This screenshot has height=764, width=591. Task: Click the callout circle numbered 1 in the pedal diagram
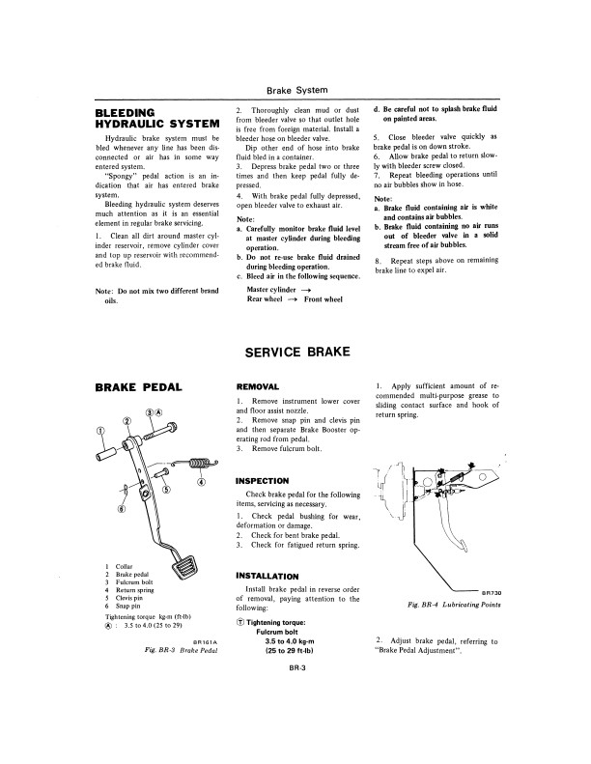(x=100, y=432)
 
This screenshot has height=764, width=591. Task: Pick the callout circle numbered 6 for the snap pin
(x=121, y=508)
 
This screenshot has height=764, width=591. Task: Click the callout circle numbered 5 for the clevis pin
(x=166, y=489)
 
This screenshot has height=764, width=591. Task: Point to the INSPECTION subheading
(x=263, y=480)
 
